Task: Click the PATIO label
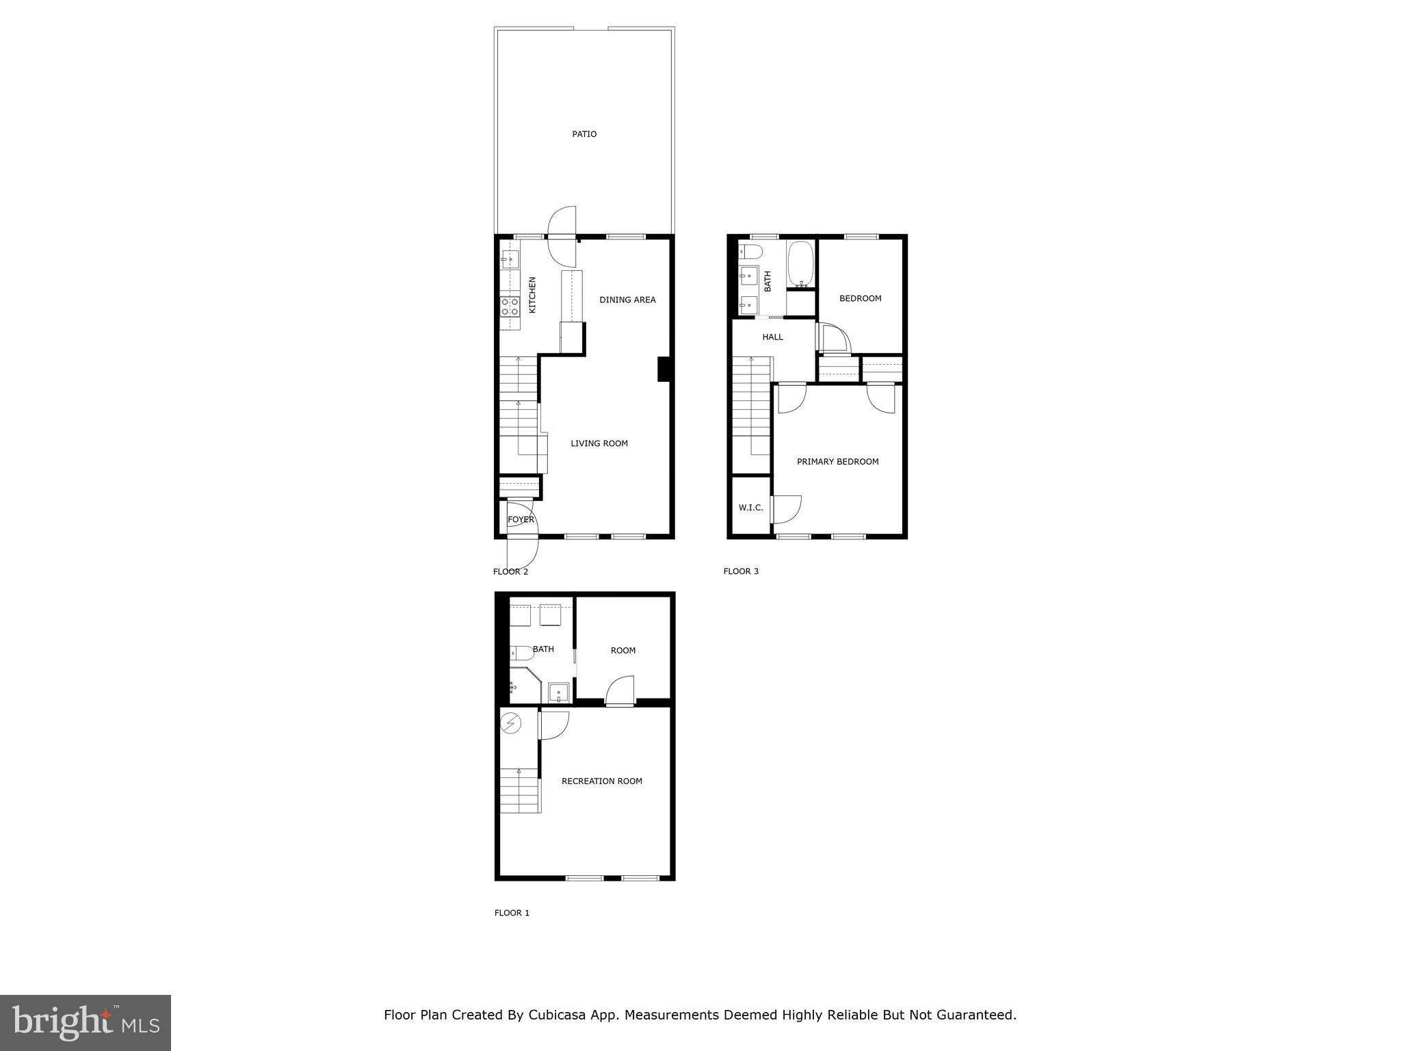[x=584, y=134]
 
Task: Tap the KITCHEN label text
[x=532, y=295]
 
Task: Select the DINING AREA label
[x=627, y=300]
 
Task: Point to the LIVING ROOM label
[x=599, y=443]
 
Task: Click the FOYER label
[x=521, y=520]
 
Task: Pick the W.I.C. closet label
[x=750, y=508]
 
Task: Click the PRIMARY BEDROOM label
[x=837, y=462]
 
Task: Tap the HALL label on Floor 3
[x=772, y=337]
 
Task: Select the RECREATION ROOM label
[x=601, y=781]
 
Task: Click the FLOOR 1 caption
[x=512, y=913]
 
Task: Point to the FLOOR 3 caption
[x=741, y=571]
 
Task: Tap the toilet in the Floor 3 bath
[x=751, y=251]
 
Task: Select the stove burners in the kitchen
[x=510, y=306]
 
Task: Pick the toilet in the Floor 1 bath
[x=522, y=653]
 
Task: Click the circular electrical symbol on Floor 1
[x=511, y=723]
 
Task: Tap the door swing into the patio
[x=562, y=222]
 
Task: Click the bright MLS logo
[x=86, y=1023]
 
